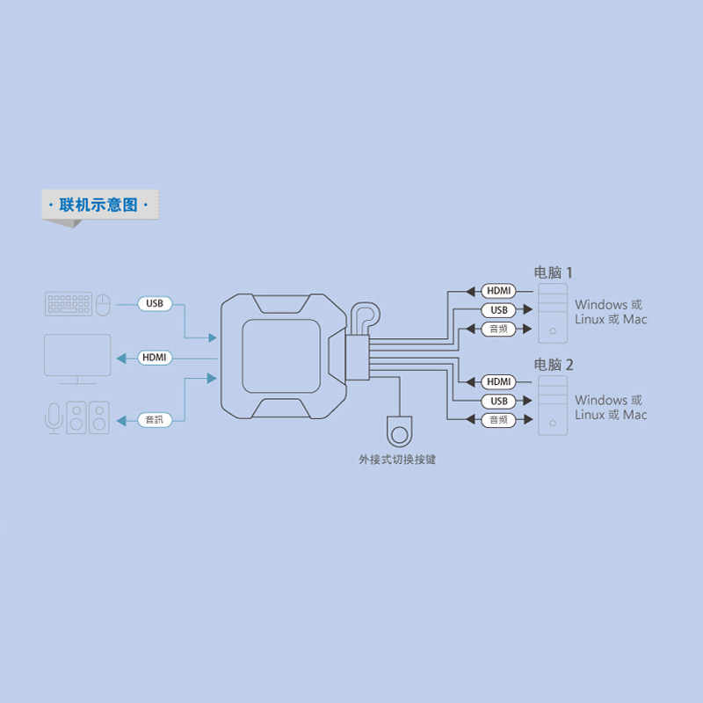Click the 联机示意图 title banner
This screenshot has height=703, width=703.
point(100,205)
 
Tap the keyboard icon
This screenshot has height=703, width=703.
point(69,304)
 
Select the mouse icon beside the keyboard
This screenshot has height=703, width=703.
point(103,305)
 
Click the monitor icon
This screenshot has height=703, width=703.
point(77,359)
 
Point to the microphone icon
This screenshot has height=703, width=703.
point(54,418)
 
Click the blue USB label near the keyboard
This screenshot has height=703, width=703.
point(155,303)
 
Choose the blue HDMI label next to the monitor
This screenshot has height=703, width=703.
point(155,358)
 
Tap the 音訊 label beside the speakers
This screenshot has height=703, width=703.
point(155,420)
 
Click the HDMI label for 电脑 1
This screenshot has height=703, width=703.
point(498,291)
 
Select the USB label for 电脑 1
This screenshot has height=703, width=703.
point(498,310)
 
